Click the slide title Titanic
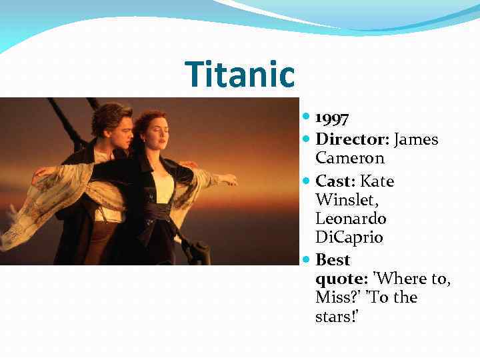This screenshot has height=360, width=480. pos(240,74)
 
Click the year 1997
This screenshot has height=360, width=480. pos(333,119)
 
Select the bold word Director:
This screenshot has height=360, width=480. pos(353,139)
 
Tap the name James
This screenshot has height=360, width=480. pos(417,139)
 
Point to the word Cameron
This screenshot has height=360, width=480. pos(350,159)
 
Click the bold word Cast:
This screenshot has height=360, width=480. pos(336,181)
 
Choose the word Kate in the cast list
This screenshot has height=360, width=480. pos(377,181)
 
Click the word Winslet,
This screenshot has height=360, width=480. pos(345,200)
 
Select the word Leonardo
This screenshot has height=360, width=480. pos(351,219)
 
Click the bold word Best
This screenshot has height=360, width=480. pos(333,259)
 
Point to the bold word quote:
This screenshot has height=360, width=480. pos(338,279)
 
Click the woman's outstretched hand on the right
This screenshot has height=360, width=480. pos(229,179)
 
